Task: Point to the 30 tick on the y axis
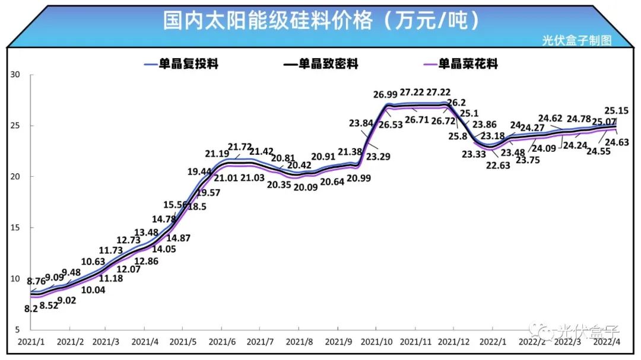(15, 75)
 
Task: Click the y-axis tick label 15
(15, 228)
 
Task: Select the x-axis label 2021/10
(376, 342)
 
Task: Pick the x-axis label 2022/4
(607, 342)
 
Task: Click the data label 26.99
(385, 95)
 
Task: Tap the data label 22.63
(498, 165)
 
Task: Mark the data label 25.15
(617, 110)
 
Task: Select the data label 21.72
(241, 146)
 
